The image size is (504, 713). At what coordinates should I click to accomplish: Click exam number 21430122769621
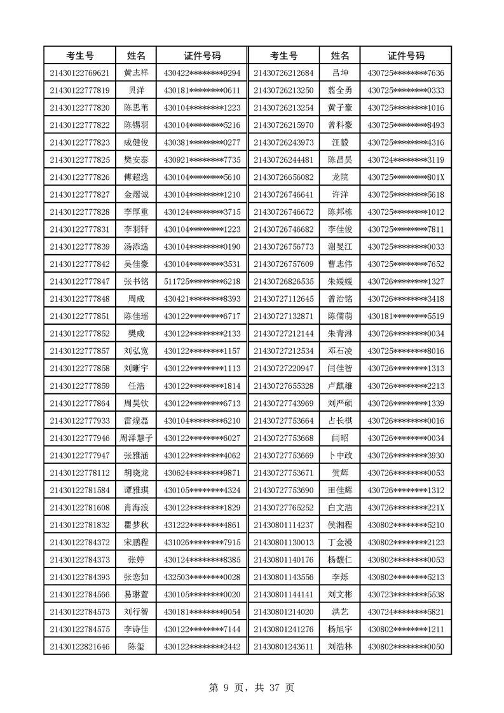(79, 73)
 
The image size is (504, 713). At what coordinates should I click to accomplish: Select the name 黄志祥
(137, 73)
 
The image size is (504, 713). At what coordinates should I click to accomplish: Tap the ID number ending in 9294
(202, 73)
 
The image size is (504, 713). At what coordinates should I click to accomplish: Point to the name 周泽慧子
(137, 438)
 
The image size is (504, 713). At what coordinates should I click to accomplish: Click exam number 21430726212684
(283, 73)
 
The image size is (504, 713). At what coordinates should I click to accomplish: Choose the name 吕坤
(340, 73)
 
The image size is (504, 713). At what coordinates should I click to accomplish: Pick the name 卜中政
(340, 455)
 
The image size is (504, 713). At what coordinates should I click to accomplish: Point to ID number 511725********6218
(202, 281)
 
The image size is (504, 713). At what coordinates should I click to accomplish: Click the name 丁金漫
(340, 542)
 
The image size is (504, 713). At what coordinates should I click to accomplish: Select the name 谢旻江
(340, 247)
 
